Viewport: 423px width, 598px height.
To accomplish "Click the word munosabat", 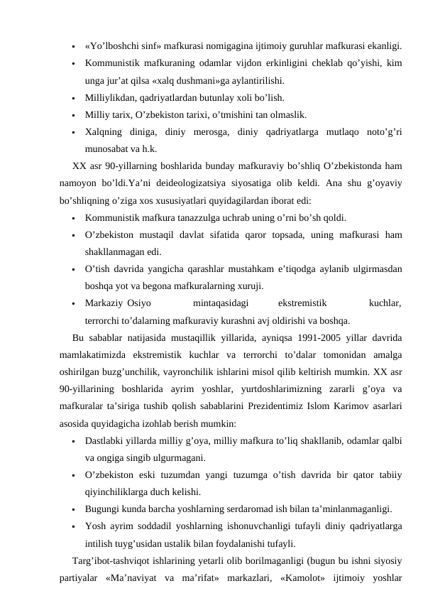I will pos(106,149).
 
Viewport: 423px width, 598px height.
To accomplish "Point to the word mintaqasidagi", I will pos(220,303).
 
